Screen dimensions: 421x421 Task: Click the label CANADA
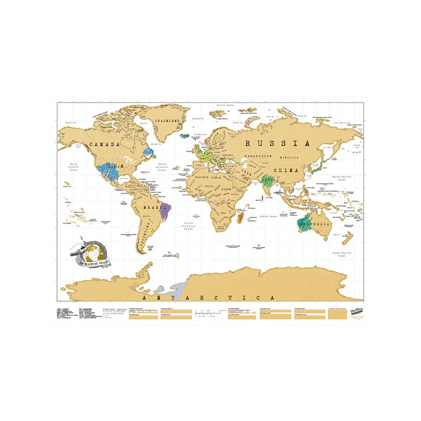pyautogui.click(x=104, y=145)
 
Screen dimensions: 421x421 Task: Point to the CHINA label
pyautogui.click(x=286, y=170)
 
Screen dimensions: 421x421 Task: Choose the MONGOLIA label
pyautogui.click(x=288, y=157)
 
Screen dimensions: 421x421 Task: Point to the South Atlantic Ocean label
pyautogui.click(x=189, y=226)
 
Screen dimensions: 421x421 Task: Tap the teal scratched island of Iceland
pyautogui.click(x=185, y=136)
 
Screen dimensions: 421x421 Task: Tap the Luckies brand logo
pyautogui.click(x=354, y=311)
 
